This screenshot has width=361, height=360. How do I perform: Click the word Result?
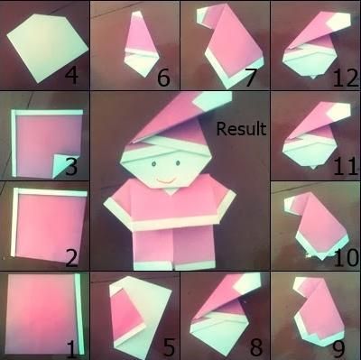point(241,129)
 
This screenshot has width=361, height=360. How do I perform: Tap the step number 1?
point(71,349)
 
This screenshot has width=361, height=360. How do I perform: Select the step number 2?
point(71,258)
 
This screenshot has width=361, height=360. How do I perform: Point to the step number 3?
point(71,166)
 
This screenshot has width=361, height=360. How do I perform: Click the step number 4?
point(71,75)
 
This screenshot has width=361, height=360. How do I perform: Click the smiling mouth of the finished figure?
point(166,181)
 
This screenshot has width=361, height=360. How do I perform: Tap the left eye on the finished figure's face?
point(153,163)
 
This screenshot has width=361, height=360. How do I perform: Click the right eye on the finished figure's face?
point(178,163)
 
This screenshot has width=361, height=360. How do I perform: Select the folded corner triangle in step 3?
point(64,165)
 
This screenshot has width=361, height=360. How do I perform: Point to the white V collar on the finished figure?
point(170,191)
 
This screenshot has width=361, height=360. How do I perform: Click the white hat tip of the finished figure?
point(213,101)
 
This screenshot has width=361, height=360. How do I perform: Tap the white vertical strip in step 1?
point(79,313)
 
